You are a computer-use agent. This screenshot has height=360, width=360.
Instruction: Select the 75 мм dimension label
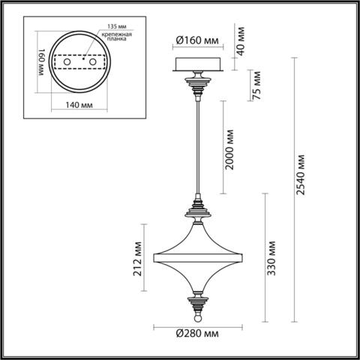point(255,84)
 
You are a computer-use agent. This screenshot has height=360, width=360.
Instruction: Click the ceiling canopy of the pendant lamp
point(199,64)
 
